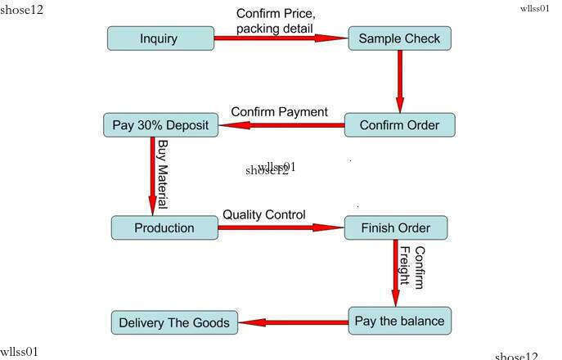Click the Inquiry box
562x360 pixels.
coord(160,38)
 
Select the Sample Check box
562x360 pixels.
coord(399,38)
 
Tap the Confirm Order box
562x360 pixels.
coord(399,125)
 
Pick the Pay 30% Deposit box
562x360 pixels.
coord(161,126)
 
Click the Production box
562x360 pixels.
coord(164,227)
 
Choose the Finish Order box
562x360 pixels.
coord(396,227)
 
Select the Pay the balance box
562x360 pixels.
coord(399,321)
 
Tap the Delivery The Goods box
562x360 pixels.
coord(174,322)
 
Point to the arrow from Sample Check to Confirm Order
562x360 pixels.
coord(400,81)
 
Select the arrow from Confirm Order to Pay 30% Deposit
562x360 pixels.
coord(282,125)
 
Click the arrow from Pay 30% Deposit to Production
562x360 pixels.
coord(152,176)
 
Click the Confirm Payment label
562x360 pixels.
coord(279,111)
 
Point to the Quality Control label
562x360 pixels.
coord(264,214)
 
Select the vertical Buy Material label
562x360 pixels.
coord(163,174)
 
